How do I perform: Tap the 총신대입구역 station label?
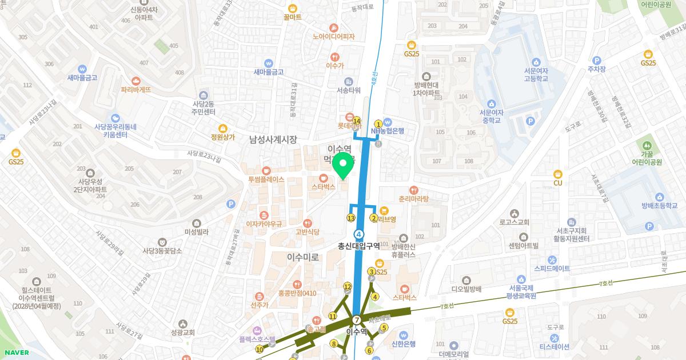click(359, 246)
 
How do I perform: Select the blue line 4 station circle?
click(359, 234)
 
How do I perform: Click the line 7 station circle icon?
click(357, 320)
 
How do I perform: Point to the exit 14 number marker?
click(357, 121)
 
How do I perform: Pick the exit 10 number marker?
click(260, 349)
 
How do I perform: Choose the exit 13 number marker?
click(351, 218)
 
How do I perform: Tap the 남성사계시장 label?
click(273, 139)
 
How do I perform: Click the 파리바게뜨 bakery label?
click(136, 89)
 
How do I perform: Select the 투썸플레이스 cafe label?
click(266, 179)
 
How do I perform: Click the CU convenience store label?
click(558, 183)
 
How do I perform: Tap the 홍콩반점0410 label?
click(297, 293)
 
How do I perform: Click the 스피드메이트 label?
click(552, 267)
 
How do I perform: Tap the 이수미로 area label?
click(303, 258)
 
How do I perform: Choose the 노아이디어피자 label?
click(334, 37)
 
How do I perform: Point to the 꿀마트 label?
click(292, 17)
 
